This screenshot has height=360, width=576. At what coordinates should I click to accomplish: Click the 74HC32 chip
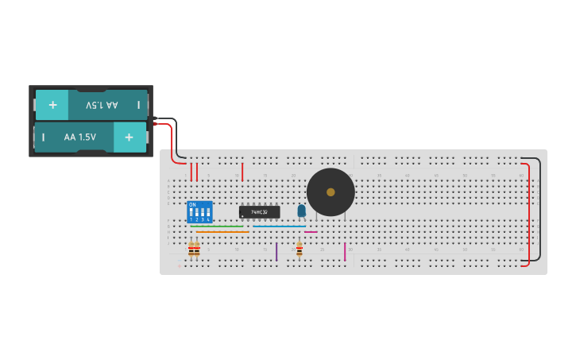259,212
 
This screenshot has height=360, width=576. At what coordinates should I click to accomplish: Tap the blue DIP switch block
199,212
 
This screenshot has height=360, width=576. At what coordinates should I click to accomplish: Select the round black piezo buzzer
331,192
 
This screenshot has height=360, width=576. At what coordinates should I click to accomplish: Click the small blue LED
301,211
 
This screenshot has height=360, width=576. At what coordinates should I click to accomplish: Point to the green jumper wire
217,226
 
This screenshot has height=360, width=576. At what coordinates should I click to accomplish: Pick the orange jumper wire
222,232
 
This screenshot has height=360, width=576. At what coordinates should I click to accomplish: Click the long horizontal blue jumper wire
279,226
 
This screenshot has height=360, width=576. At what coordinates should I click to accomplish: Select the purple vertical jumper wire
276,252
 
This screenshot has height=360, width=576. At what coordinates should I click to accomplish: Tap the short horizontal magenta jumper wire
311,232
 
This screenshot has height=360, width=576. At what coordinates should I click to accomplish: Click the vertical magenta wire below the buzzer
345,252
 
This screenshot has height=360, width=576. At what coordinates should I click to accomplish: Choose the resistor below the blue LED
300,250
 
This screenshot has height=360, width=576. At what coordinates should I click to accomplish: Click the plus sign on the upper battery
52,105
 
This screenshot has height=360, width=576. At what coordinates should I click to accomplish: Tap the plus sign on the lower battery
129,137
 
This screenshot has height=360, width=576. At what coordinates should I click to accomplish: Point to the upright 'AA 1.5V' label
80,137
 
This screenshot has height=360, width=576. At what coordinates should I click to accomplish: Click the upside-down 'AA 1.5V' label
102,105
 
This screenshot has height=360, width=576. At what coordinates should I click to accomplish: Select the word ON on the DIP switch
192,205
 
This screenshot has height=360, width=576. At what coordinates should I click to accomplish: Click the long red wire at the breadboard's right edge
528,215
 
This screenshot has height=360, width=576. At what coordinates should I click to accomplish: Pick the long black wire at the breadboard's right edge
540,208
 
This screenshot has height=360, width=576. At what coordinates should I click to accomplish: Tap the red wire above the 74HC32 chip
242,172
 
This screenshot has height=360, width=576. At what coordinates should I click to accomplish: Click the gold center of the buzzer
331,192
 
